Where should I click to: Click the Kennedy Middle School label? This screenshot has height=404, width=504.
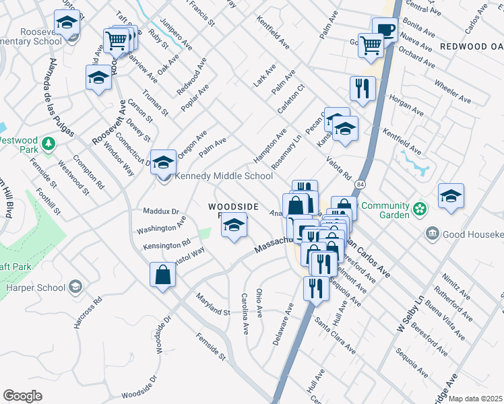[x=223, y=176]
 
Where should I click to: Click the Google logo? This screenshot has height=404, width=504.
[x=22, y=396]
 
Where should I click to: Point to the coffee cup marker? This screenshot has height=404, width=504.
[x=385, y=30]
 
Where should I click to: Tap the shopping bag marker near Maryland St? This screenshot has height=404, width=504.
[x=162, y=275]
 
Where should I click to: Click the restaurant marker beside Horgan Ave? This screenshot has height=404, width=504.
[x=363, y=88]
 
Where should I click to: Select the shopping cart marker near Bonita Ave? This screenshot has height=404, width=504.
[x=370, y=46]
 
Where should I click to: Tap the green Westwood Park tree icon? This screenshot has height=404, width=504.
[x=48, y=143]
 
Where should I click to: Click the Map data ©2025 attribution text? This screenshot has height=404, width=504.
[x=475, y=399]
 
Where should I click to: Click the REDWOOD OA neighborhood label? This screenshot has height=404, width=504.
[x=471, y=46]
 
